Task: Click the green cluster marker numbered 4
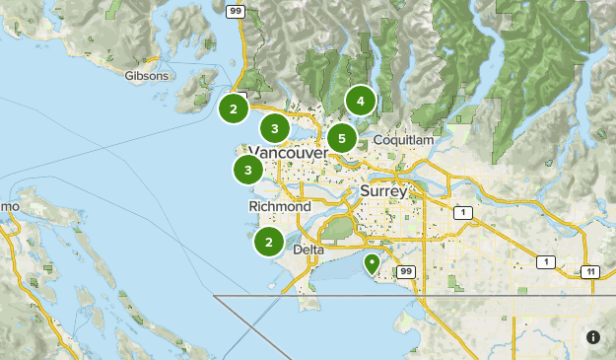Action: coord(361,101)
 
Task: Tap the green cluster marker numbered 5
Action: coord(341,138)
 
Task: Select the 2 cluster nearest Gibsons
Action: coord(233,108)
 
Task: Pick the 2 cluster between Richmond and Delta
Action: coord(268,242)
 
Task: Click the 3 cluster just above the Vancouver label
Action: coord(274,128)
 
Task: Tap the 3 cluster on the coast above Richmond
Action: coord(247,171)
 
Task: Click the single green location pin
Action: coord(372,263)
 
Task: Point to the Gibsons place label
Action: coord(147,75)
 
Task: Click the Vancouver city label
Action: coord(289,154)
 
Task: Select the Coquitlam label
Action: coord(403,141)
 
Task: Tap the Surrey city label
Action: coord(383,190)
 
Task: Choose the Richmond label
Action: coord(280,207)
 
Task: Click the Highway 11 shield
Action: coord(589,271)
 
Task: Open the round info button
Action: coord(593,337)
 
